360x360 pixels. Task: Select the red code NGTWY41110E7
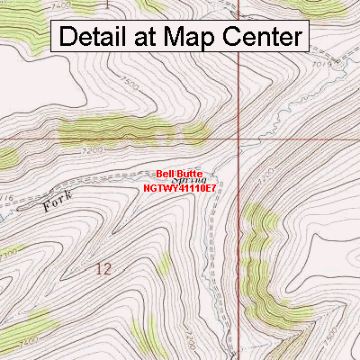(x=180, y=189)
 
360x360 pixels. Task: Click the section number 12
(x=103, y=267)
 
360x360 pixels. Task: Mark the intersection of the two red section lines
(x=238, y=139)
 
